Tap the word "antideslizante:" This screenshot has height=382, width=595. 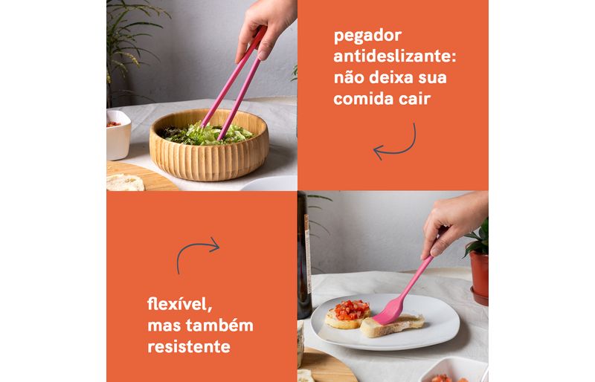[x=395, y=56]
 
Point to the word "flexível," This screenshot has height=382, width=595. [x=179, y=304]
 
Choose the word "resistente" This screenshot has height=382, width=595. [x=189, y=346]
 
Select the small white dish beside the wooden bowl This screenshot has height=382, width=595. [x=118, y=135]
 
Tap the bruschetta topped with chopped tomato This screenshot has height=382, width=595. [x=348, y=314]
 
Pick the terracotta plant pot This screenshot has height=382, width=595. [x=480, y=277]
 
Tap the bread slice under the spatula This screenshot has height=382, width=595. [x=392, y=326]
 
